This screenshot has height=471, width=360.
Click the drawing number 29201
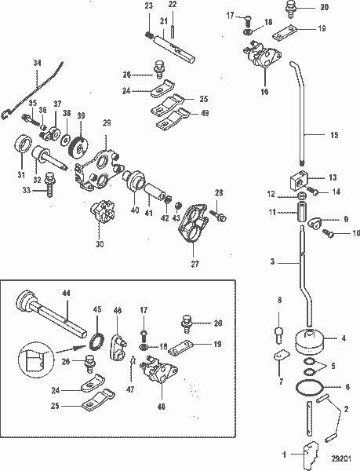(x=340, y=462)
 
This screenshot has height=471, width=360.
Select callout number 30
(x=100, y=244)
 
